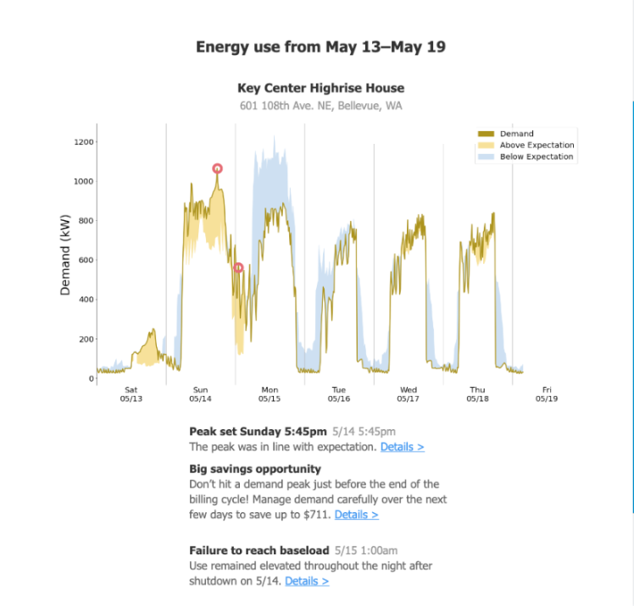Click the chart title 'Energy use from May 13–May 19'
click(320, 47)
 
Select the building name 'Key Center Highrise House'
click(320, 88)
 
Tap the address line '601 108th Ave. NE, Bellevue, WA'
click(320, 106)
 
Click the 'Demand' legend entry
click(516, 134)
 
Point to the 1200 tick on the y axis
click(83, 142)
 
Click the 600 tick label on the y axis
click(85, 261)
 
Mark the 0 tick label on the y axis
click(91, 379)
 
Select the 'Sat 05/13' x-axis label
click(131, 394)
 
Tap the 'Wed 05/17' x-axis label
click(408, 394)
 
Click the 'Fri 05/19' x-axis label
click(547, 394)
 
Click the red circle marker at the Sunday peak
click(218, 168)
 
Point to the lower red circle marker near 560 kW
click(238, 267)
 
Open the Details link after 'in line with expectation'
click(402, 446)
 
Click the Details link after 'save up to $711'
click(356, 514)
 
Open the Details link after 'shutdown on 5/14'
click(307, 581)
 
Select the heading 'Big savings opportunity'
click(255, 468)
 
